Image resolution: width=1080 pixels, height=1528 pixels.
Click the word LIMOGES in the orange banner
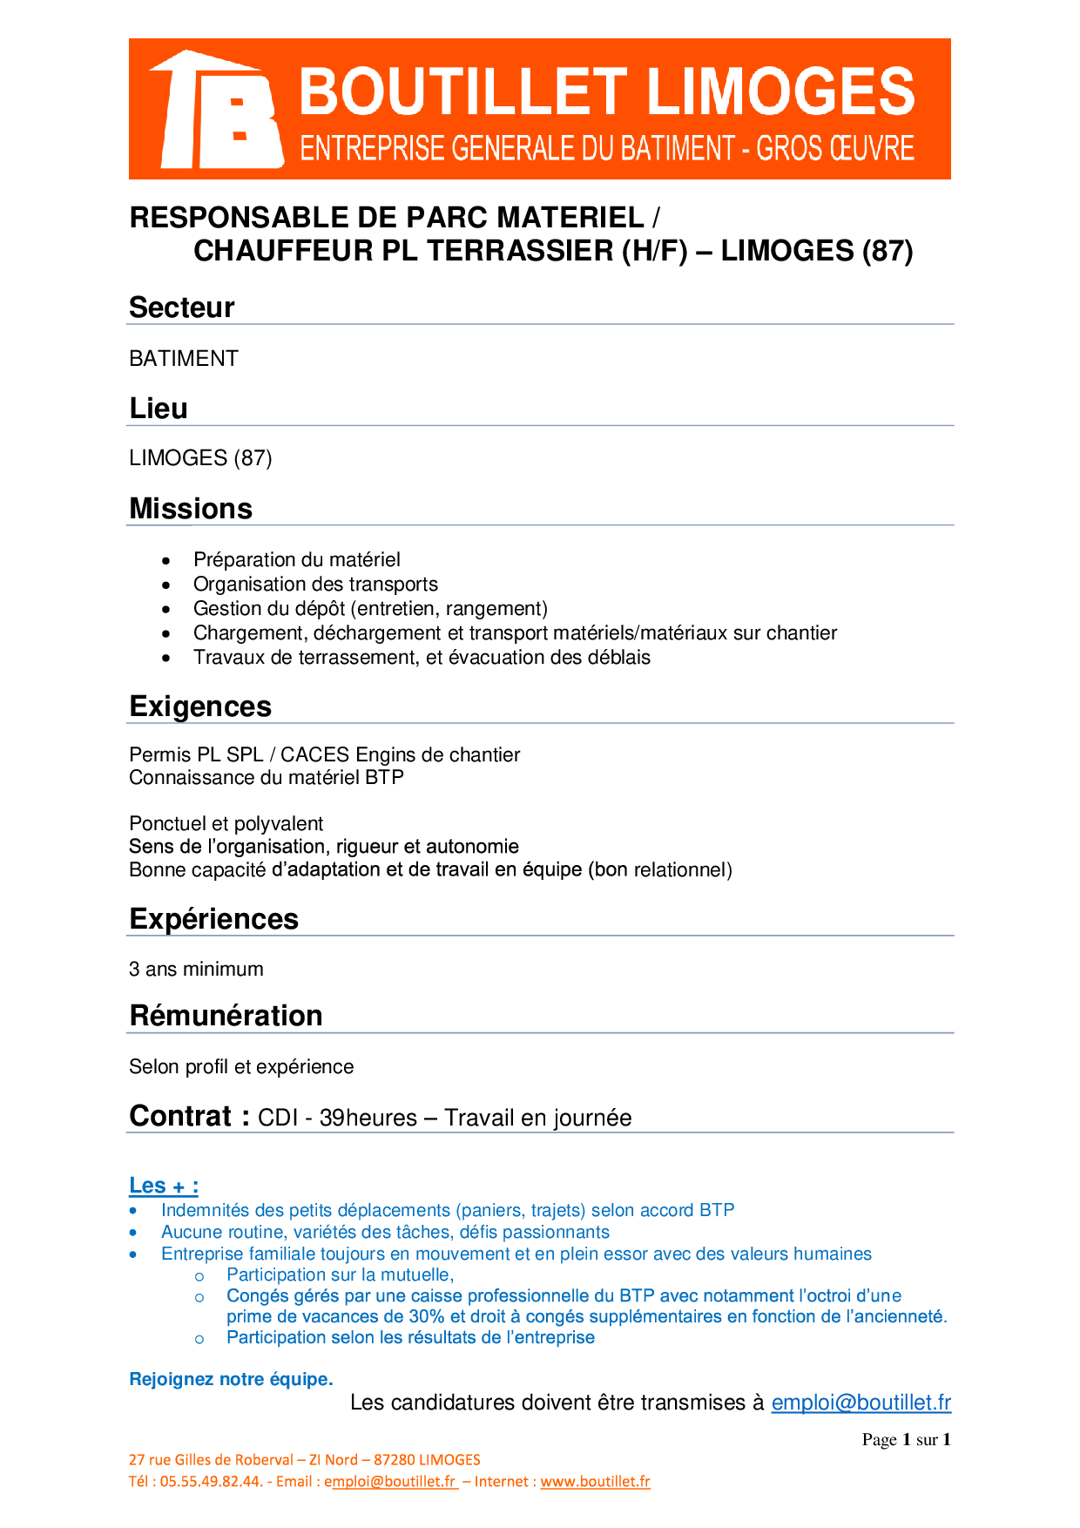pyautogui.click(x=781, y=92)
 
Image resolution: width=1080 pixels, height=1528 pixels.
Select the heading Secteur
pyautogui.click(x=182, y=308)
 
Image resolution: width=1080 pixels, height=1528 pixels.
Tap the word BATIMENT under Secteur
pyautogui.click(x=184, y=359)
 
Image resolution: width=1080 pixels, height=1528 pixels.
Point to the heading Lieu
pyautogui.click(x=159, y=409)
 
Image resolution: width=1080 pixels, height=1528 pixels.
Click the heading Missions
pyautogui.click(x=191, y=509)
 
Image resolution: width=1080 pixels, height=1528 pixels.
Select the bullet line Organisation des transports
pyautogui.click(x=315, y=585)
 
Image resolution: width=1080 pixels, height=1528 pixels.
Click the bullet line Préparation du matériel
pyautogui.click(x=297, y=560)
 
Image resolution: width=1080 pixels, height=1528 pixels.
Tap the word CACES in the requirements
pyautogui.click(x=314, y=755)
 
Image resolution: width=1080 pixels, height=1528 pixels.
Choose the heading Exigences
pyautogui.click(x=200, y=707)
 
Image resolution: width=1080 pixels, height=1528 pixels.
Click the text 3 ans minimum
pyautogui.click(x=196, y=970)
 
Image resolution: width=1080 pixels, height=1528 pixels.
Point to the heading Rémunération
pyautogui.click(x=226, y=1016)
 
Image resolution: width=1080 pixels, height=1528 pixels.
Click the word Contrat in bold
pyautogui.click(x=180, y=1116)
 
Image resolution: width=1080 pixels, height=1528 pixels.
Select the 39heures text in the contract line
pyautogui.click(x=368, y=1119)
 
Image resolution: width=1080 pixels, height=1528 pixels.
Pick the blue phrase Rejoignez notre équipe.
pyautogui.click(x=231, y=1380)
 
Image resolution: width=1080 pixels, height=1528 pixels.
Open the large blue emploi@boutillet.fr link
pyautogui.click(x=861, y=1403)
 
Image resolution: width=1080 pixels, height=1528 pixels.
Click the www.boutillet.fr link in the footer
pyautogui.click(x=595, y=1482)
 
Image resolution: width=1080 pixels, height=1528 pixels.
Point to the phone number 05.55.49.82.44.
pyautogui.click(x=211, y=1482)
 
